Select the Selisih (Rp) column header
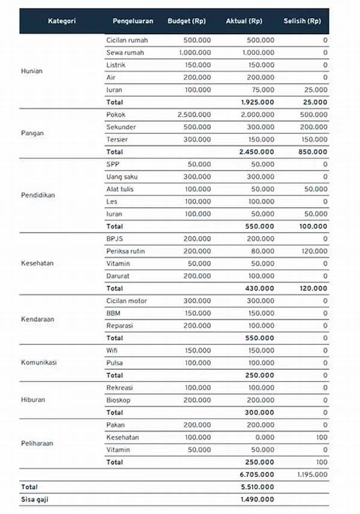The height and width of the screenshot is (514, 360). point(302,21)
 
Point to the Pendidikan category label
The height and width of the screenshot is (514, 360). point(38,195)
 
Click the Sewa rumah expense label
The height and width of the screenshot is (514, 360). point(125,52)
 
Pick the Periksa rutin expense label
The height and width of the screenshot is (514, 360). point(127,251)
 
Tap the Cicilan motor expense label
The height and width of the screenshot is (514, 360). point(126,301)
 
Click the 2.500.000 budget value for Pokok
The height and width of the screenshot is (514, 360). point(194,115)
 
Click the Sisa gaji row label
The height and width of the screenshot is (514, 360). point(35,499)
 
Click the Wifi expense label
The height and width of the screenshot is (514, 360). point(112,350)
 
